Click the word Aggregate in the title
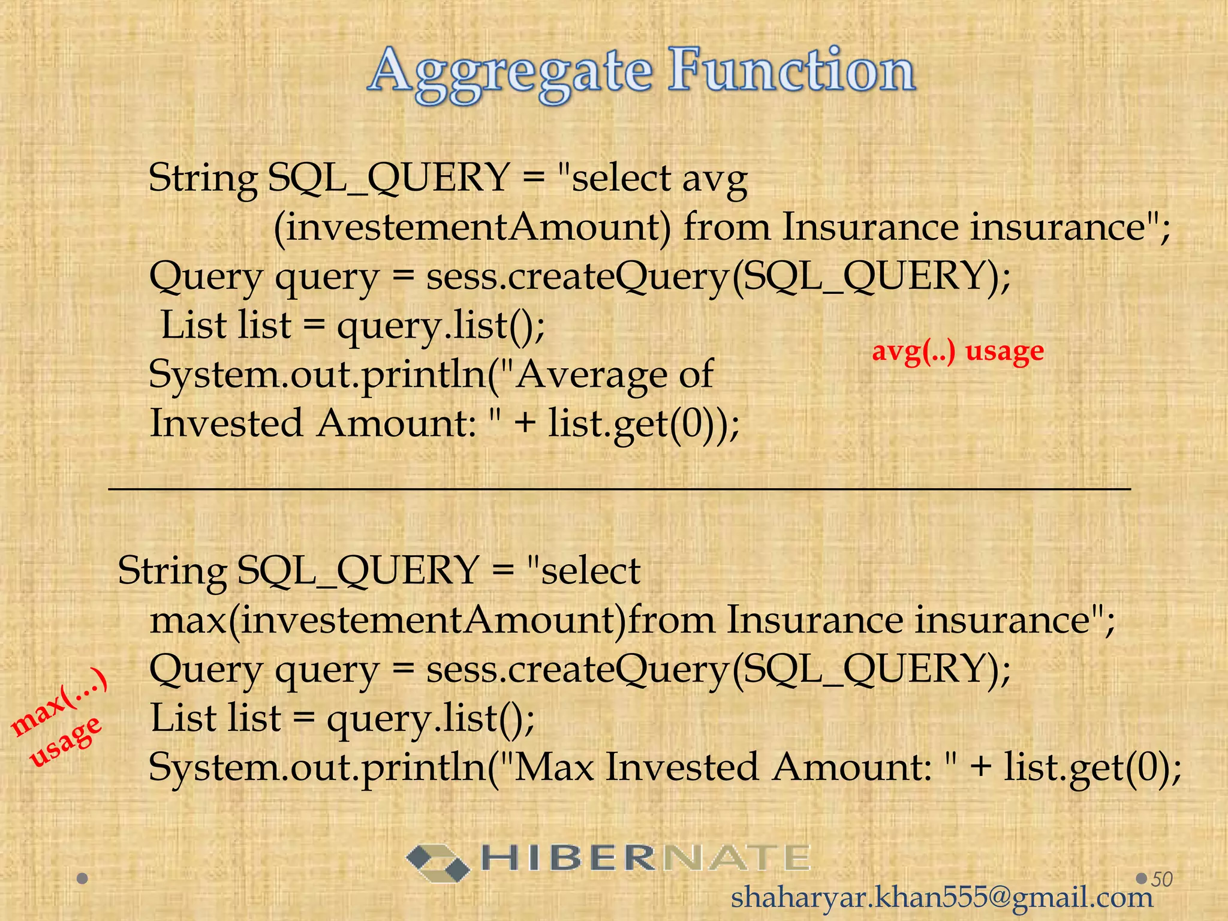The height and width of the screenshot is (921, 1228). [510, 73]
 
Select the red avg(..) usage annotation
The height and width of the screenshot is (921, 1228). [958, 351]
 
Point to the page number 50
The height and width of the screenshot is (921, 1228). [1162, 879]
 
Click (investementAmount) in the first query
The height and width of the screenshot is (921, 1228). [472, 228]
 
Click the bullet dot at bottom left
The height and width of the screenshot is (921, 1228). [83, 879]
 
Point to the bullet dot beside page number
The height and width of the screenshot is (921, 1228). [1142, 878]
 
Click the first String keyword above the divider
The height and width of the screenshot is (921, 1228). [203, 179]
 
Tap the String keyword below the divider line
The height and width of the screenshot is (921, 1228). [172, 571]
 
